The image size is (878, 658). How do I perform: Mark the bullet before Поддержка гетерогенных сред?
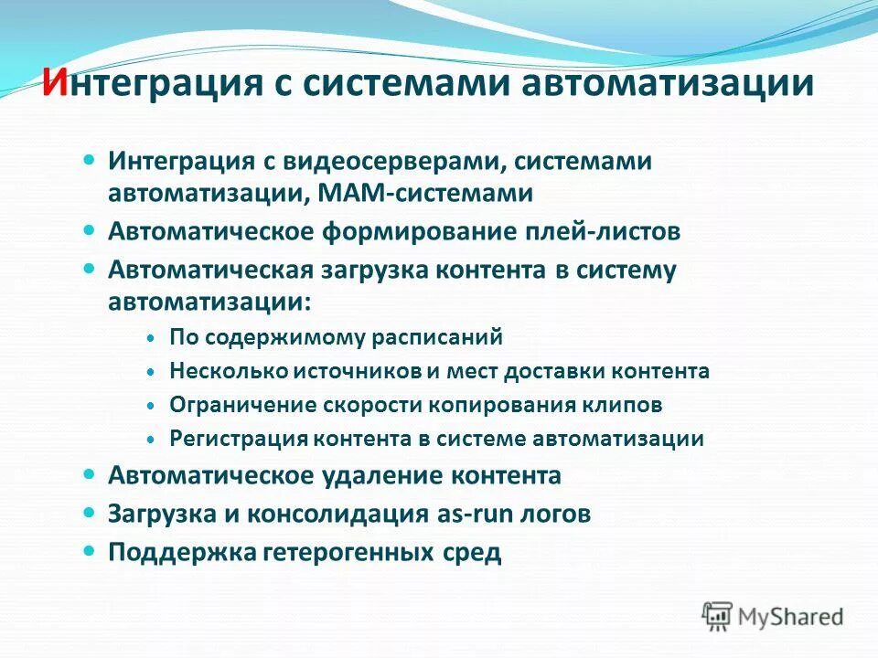pos(89,552)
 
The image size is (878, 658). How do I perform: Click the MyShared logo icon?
pos(718,617)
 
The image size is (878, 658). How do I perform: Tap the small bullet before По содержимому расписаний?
pos(151,337)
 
